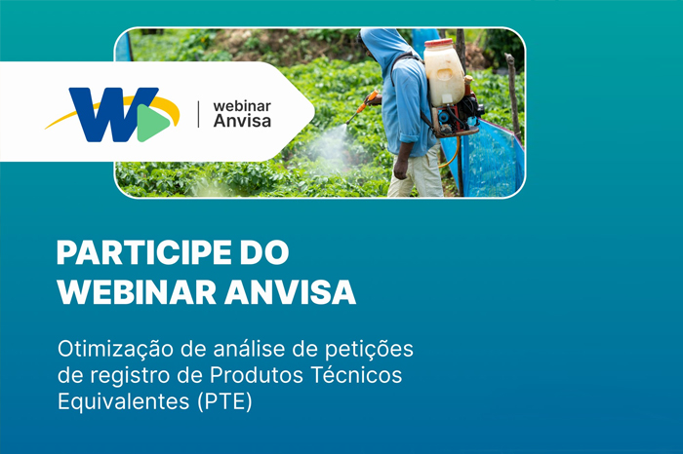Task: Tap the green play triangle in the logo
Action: (154, 121)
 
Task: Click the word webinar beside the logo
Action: (241, 104)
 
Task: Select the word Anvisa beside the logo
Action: (241, 122)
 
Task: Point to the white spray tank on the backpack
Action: (444, 73)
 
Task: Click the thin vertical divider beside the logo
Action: (199, 114)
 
